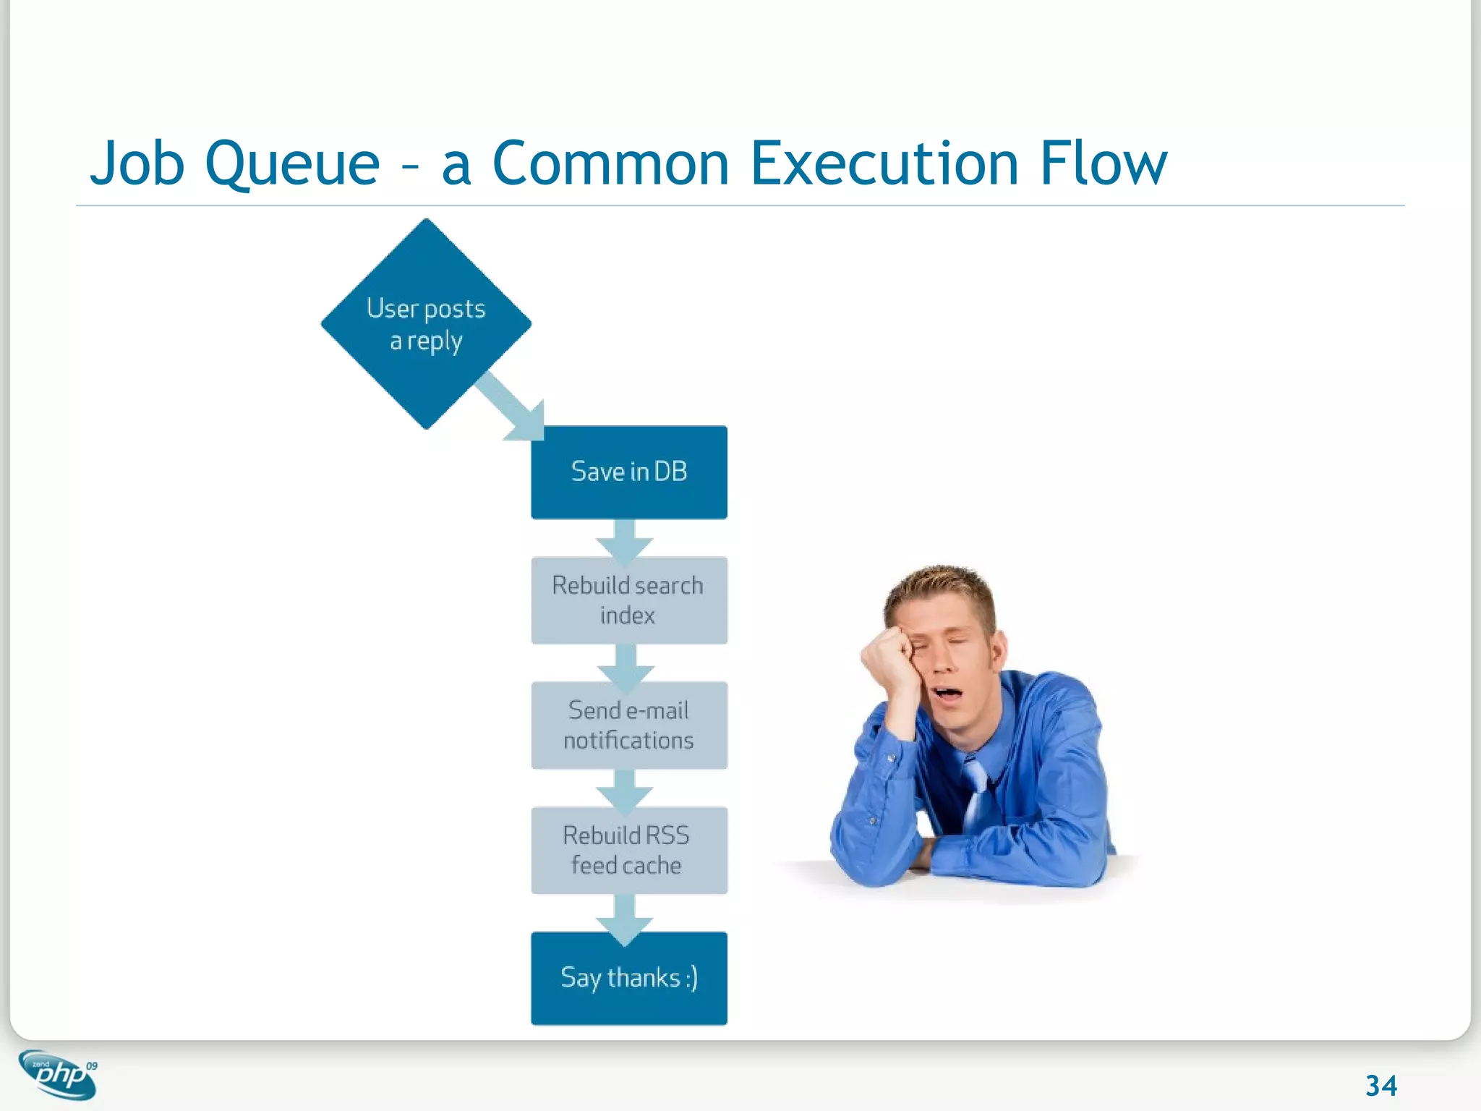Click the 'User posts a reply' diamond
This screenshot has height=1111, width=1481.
pyautogui.click(x=426, y=324)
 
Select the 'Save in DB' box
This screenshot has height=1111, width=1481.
pyautogui.click(x=628, y=472)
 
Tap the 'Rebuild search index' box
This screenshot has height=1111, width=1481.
pyautogui.click(x=628, y=600)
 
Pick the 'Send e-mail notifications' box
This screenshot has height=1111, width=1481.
pyautogui.click(x=628, y=725)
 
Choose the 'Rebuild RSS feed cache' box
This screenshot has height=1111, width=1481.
pyautogui.click(x=628, y=850)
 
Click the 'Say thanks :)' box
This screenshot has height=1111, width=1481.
pyautogui.click(x=628, y=978)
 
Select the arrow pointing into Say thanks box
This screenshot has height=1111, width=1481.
pyautogui.click(x=625, y=919)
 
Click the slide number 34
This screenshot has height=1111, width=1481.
pyautogui.click(x=1380, y=1085)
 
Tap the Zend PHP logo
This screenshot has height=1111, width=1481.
pyautogui.click(x=59, y=1074)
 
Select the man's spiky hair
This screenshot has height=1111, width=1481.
pyautogui.click(x=940, y=586)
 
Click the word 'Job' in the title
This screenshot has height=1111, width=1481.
pyautogui.click(x=137, y=164)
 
